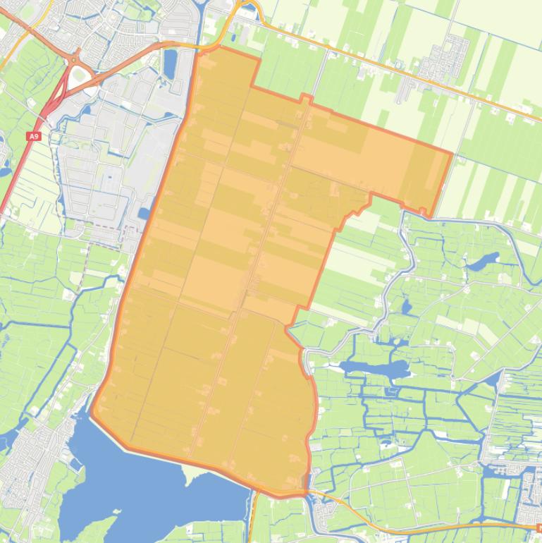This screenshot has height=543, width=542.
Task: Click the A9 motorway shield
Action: (x=35, y=136)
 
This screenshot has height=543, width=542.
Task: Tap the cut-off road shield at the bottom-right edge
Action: (x=538, y=526)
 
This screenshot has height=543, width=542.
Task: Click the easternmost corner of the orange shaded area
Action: (x=451, y=152)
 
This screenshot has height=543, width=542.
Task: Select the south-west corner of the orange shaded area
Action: (x=92, y=413)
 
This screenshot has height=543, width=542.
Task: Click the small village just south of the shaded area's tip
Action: (x=326, y=511)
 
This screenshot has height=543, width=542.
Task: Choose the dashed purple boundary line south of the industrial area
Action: (x=106, y=230)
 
